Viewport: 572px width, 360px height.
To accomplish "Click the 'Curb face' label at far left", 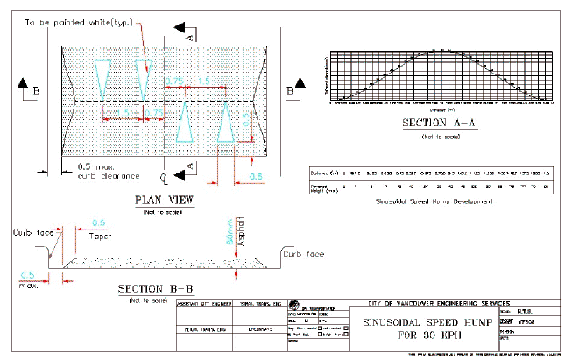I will [28, 233].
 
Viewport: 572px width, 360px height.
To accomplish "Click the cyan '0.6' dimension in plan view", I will [258, 177].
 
